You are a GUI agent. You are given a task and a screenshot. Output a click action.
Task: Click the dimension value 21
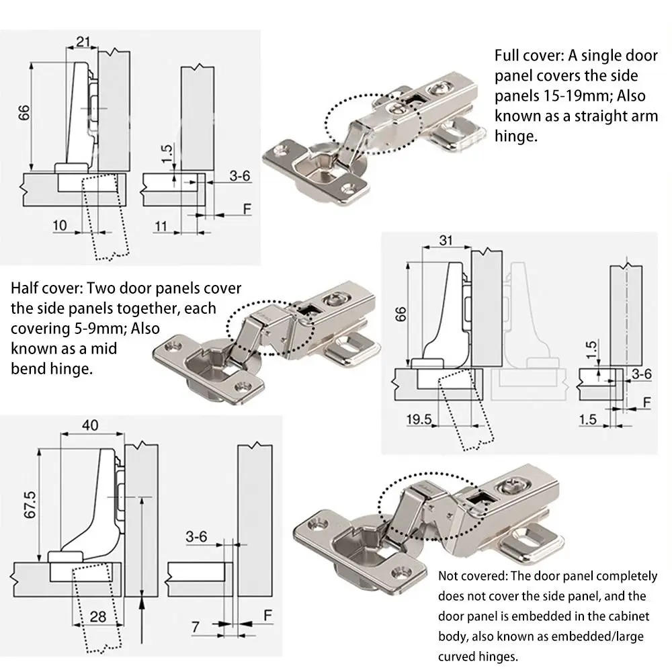click(83, 42)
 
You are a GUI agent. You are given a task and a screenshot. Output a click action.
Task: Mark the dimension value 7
click(195, 626)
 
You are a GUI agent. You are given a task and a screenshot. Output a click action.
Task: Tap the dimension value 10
click(60, 225)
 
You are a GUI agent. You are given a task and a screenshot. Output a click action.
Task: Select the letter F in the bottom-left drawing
click(267, 616)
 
